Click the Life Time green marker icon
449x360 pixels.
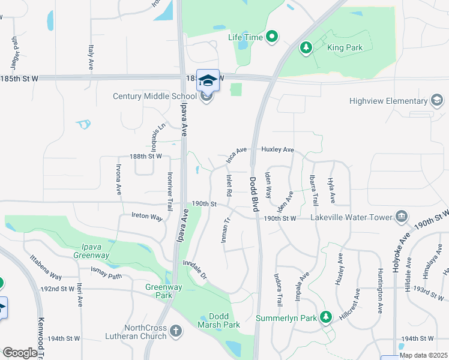(272, 37)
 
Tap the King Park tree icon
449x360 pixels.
(306, 47)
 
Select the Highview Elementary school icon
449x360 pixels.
(437, 101)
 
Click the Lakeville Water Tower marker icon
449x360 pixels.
(402, 216)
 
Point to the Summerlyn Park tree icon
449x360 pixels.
(326, 316)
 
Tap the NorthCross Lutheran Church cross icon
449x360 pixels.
(175, 331)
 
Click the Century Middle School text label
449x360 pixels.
(152, 96)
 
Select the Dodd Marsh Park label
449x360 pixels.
(219, 320)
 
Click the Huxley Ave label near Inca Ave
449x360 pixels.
(277, 149)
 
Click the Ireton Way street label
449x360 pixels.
(147, 217)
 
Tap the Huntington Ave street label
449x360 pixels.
(380, 292)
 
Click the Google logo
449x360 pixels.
(20, 353)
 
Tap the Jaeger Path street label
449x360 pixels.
(15, 46)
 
